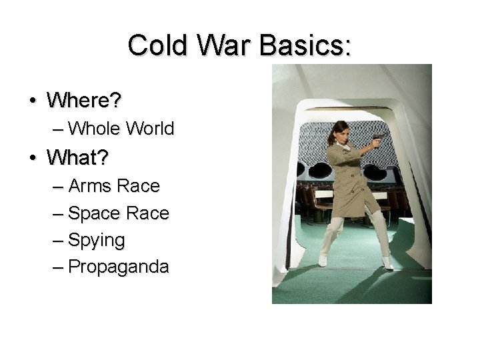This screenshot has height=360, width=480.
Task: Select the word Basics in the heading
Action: click(304, 45)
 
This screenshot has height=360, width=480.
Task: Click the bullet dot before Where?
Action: click(32, 101)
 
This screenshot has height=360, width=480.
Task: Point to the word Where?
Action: click(84, 101)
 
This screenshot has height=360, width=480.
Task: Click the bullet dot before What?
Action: click(32, 159)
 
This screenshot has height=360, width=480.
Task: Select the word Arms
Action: click(90, 186)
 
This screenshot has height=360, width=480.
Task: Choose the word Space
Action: click(94, 213)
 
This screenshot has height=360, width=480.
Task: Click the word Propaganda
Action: click(119, 267)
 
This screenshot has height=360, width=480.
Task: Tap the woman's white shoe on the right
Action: click(387, 263)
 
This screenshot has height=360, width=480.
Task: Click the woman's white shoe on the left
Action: click(323, 260)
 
